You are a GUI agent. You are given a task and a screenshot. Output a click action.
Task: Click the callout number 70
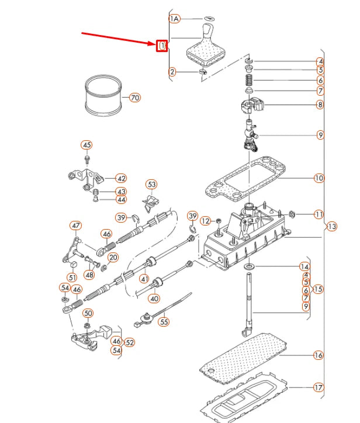tap(135, 98)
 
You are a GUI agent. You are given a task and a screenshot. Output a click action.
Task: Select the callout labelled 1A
tap(174, 19)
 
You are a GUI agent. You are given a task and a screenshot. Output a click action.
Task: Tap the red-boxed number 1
tap(162, 45)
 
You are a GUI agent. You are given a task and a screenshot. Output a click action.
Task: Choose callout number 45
tap(86, 145)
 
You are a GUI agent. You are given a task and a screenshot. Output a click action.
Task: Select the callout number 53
tap(152, 185)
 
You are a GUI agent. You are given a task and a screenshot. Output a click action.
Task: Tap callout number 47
tap(76, 226)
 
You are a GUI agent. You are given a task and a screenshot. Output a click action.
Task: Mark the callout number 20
tap(113, 257)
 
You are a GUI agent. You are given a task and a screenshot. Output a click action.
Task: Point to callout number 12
tap(206, 221)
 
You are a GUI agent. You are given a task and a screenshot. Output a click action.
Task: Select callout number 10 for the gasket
tap(319, 178)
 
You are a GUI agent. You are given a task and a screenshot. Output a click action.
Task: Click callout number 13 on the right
tap(332, 226)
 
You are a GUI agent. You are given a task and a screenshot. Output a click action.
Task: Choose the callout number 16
tap(319, 355)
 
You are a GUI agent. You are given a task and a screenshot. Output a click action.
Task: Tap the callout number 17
tap(319, 387)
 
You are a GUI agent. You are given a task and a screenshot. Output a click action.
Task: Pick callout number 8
tap(320, 105)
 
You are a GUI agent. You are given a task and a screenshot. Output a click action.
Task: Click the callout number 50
tap(88, 313)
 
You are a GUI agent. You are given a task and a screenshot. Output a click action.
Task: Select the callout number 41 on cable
tap(144, 279)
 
